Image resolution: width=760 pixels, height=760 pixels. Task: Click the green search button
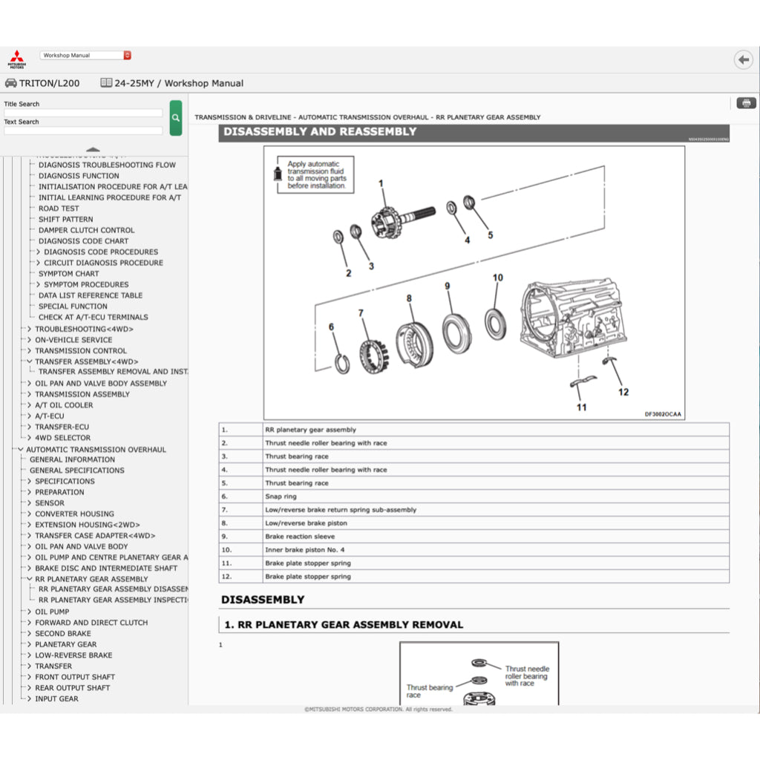click(175, 118)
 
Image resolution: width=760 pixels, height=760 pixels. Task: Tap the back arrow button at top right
click(742, 59)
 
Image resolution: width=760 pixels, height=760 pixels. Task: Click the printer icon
click(746, 103)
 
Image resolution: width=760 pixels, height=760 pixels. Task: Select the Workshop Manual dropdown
click(85, 55)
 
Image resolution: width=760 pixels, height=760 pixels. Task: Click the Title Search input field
click(83, 113)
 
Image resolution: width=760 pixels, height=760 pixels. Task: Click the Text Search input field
click(83, 131)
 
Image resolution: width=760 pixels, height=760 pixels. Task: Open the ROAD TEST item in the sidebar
click(59, 209)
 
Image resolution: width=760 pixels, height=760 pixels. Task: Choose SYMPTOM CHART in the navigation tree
click(68, 274)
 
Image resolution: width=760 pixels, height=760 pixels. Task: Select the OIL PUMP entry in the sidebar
click(52, 612)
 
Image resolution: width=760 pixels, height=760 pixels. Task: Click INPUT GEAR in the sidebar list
click(56, 699)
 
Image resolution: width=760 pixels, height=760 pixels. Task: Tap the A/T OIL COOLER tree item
click(64, 405)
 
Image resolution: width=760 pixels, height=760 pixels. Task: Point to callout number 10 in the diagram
click(497, 278)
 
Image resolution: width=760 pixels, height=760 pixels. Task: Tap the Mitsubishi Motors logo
click(16, 59)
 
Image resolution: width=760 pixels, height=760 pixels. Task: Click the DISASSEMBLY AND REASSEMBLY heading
click(320, 132)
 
